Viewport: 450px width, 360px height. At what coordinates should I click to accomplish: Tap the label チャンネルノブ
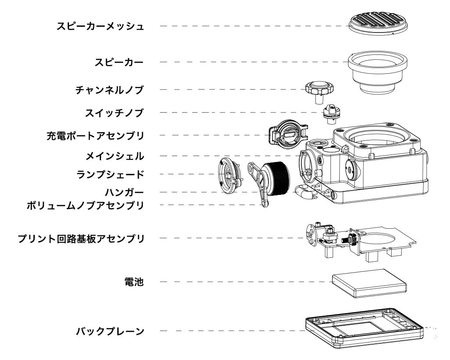[x=109, y=90]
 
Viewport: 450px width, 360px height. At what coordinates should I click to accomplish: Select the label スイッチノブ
[x=115, y=113]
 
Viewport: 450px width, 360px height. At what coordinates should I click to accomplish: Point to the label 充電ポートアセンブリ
[x=95, y=135]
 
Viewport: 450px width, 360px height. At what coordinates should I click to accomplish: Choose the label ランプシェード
[x=110, y=174]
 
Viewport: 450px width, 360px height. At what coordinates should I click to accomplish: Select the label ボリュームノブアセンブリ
[x=86, y=205]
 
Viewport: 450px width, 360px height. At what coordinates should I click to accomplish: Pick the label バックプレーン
[x=110, y=331]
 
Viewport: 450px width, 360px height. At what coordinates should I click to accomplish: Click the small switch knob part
[x=331, y=112]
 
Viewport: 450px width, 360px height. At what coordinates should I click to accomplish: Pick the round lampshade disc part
[x=229, y=176]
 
